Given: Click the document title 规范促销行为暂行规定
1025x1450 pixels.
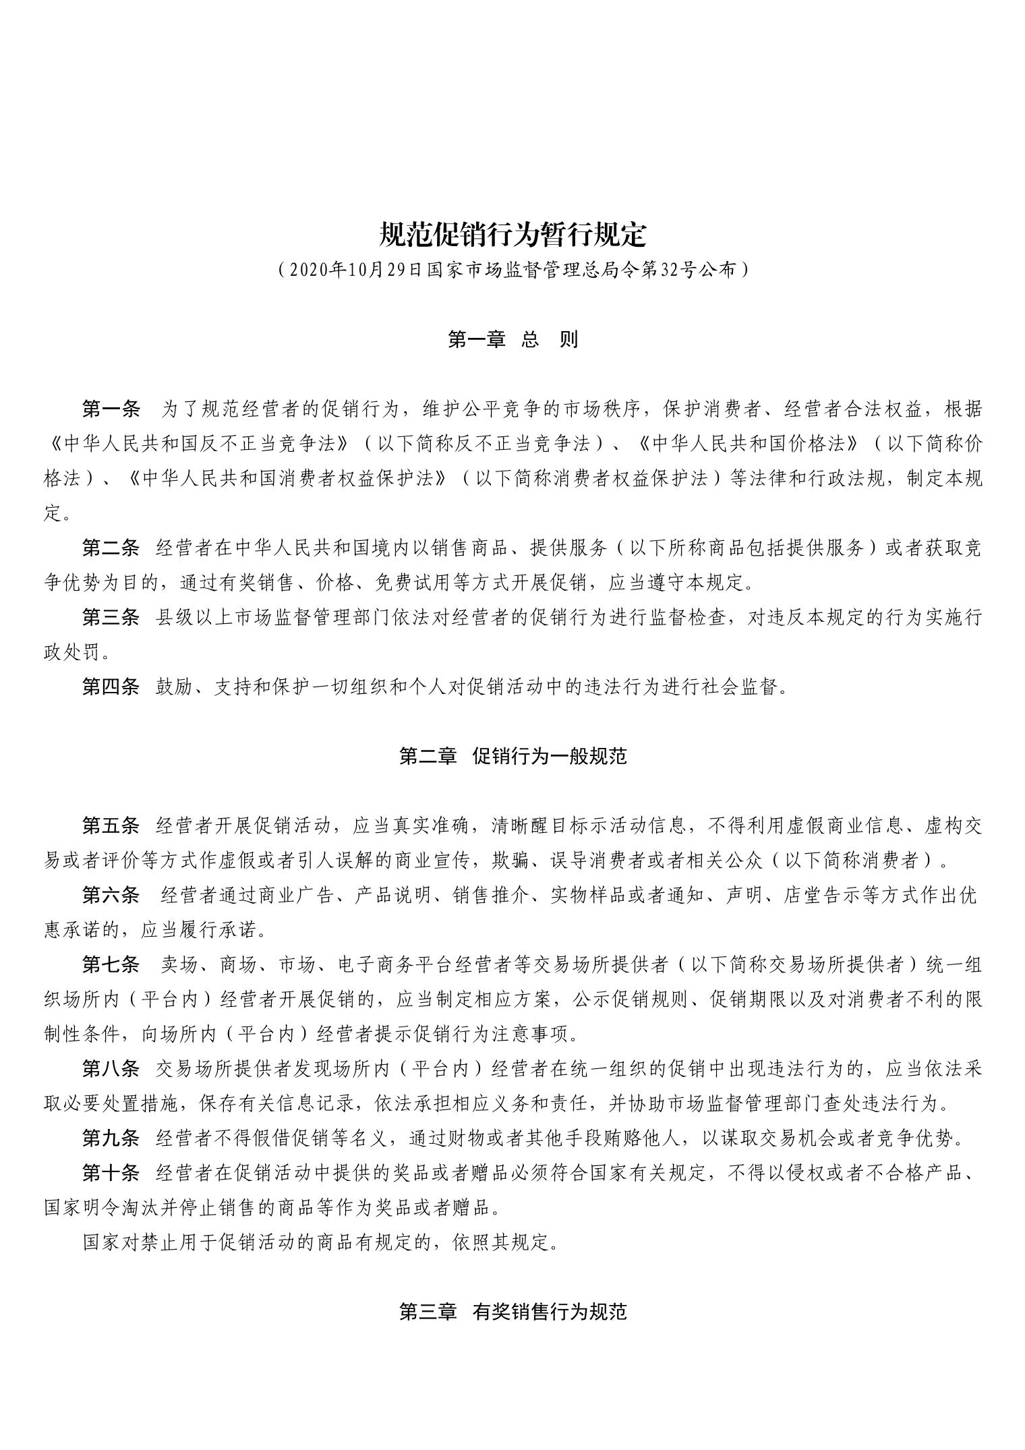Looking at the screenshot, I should (x=512, y=235).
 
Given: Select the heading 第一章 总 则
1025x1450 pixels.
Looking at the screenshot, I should (x=512, y=339).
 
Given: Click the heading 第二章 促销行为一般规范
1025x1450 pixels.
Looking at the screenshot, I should (x=512, y=756).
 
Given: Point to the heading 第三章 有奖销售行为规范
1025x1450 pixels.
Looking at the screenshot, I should (x=512, y=1311).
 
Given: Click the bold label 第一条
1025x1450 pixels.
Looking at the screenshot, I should (x=111, y=409).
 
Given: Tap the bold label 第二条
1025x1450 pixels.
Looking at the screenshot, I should (x=111, y=548).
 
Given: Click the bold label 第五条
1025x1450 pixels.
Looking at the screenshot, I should (x=111, y=825).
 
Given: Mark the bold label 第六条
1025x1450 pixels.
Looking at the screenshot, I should (x=111, y=895).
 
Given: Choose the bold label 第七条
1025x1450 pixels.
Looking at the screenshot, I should (x=111, y=964).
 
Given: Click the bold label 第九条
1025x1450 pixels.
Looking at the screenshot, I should (x=111, y=1138).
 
